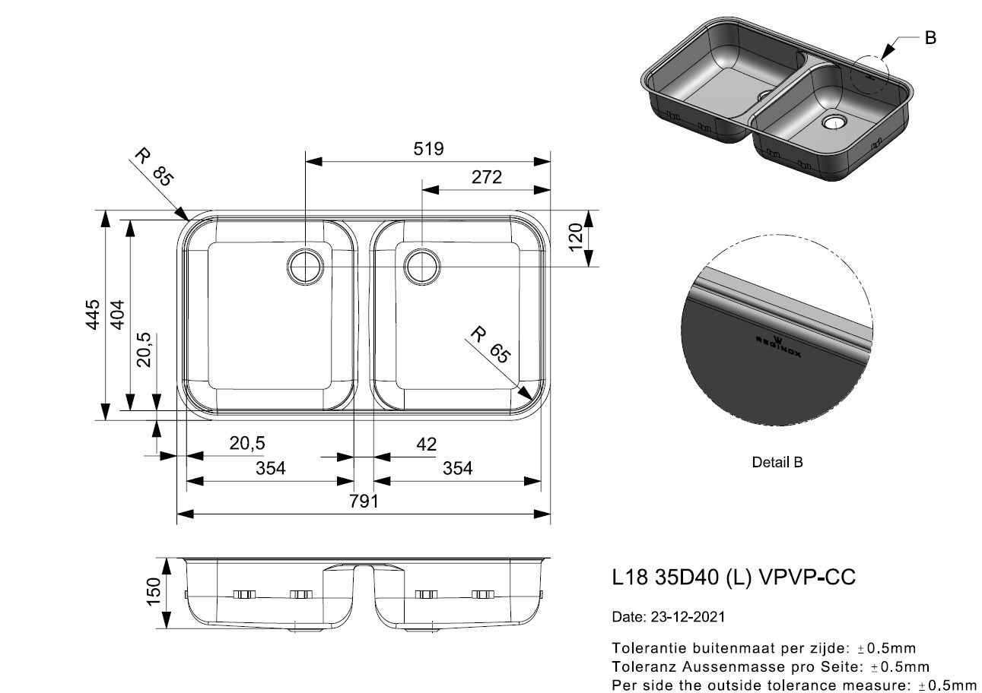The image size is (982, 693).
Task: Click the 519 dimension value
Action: pyautogui.click(x=428, y=149)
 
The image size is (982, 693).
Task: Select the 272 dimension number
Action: pyautogui.click(x=487, y=177)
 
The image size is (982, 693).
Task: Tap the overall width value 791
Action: pyautogui.click(x=364, y=501)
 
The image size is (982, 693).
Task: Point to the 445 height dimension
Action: pyautogui.click(x=93, y=315)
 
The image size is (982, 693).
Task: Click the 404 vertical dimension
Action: pyautogui.click(x=117, y=315)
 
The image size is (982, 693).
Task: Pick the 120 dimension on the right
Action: pyautogui.click(x=575, y=237)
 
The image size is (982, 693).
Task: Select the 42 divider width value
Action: pyautogui.click(x=427, y=445)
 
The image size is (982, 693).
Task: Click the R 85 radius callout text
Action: pyautogui.click(x=154, y=167)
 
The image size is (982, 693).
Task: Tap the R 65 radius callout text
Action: pyautogui.click(x=491, y=345)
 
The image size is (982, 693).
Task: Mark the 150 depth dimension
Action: pyautogui.click(x=154, y=592)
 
